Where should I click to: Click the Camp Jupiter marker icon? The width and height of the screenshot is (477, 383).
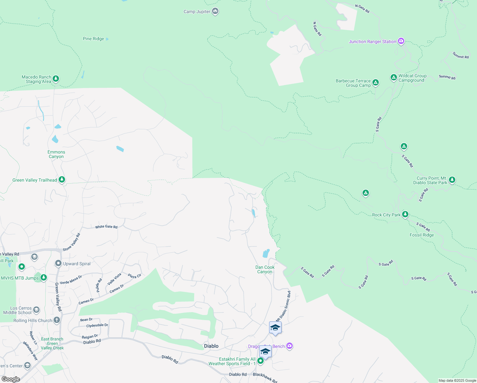[215, 11]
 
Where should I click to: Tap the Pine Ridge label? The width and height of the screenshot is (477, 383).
[93, 39]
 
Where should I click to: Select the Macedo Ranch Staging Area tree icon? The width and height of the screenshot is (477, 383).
[56, 79]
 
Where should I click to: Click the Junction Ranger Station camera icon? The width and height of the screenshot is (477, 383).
[401, 41]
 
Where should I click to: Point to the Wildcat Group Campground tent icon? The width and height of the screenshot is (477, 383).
[393, 77]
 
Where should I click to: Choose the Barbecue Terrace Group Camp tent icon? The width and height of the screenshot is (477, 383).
[376, 83]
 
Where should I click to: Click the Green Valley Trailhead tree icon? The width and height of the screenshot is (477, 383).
[62, 180]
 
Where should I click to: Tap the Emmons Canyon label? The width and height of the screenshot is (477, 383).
[56, 154]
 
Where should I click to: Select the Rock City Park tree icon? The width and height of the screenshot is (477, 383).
[405, 214]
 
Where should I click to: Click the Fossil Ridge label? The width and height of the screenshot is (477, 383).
[422, 235]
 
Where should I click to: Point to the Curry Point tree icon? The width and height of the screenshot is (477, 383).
[452, 180]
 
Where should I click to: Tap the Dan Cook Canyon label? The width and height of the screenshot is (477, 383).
[265, 270]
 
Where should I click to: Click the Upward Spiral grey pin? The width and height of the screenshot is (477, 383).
[58, 263]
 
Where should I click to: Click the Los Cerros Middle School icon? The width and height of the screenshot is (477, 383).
[36, 310]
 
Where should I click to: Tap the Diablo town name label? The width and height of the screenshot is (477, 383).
[211, 346]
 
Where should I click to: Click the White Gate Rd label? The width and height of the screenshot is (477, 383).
[106, 227]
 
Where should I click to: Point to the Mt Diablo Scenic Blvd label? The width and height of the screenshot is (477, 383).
[283, 306]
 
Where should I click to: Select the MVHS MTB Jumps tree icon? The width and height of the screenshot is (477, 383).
[44, 278]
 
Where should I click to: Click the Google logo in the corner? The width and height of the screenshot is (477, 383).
[11, 379]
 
